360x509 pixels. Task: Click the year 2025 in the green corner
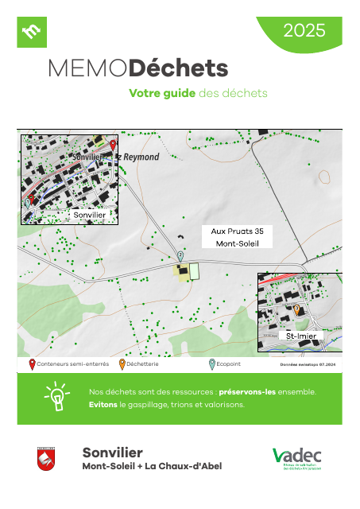304,31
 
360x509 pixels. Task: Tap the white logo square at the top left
32,32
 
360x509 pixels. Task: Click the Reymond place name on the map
141,157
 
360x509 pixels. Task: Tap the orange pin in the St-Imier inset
297,309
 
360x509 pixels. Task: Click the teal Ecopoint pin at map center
180,254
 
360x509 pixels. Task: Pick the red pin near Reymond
113,146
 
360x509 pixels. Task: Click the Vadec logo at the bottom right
296,459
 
